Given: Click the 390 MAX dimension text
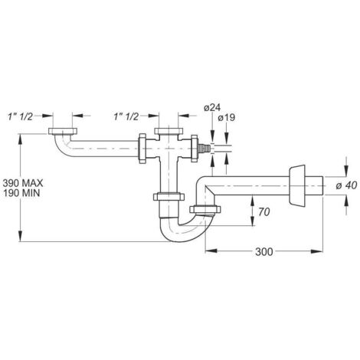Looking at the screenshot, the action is pos(23,183).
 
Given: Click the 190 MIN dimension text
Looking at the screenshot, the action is pos(21,193).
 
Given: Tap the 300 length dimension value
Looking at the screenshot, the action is pos(264,252).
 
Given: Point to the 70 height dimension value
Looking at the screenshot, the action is pos(263,212).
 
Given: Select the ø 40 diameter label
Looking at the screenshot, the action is pos(346,186).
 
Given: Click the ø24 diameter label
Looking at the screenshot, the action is pos(212,108).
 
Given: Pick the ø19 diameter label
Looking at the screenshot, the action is pos(227,118).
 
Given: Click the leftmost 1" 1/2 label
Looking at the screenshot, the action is pos(20,116).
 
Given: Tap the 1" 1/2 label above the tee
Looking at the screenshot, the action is pos(126,116).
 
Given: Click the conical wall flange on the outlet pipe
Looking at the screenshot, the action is pos(296,185).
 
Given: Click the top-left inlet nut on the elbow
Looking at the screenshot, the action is pos(63,131).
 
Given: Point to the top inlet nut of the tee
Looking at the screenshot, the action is pos(169,132).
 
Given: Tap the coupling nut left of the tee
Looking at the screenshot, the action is pos(142,149).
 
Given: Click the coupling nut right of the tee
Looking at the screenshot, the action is pos(195,149).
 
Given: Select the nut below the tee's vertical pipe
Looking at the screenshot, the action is pos(169,197).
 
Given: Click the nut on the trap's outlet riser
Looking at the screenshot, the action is pos(205,209).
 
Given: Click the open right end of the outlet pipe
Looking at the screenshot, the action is pos(323,185).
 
